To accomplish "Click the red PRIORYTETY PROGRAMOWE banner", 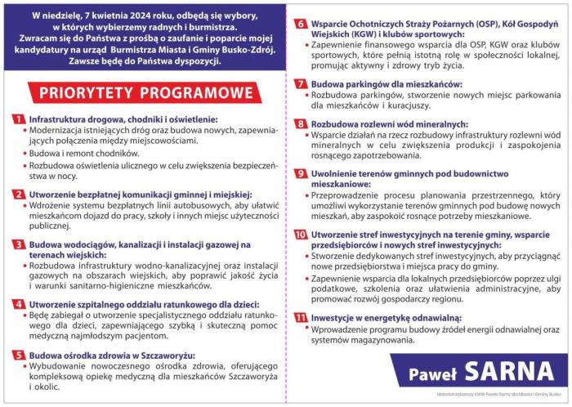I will coord(140,91).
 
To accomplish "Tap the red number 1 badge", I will coord(18,119).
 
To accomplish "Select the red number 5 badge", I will coord(18,356).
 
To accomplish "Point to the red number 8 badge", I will coord(300,123).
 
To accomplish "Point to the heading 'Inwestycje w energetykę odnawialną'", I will coord(397,317).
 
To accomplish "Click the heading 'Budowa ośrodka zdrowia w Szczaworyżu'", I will coord(118,356).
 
